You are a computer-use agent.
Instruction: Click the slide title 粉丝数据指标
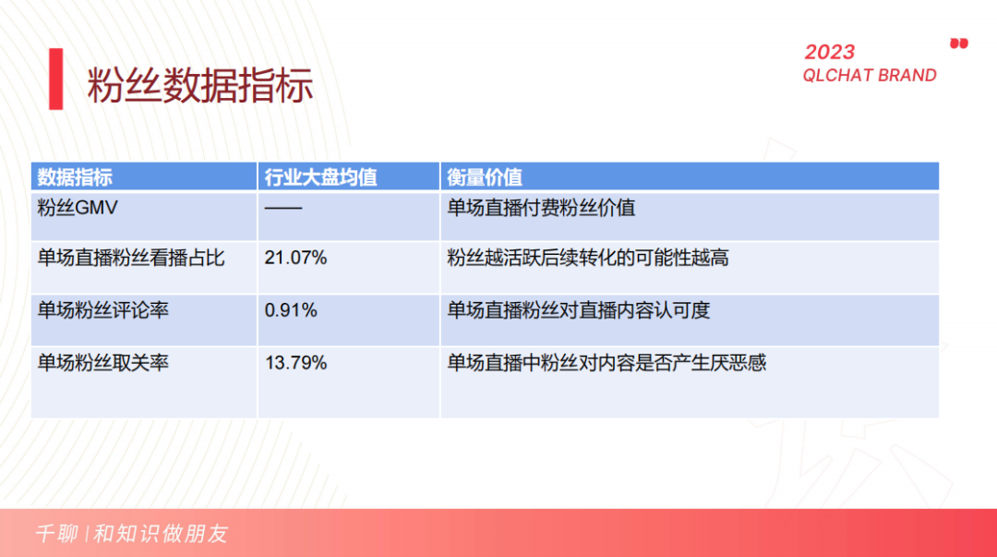point(200,85)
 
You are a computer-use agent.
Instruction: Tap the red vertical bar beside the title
point(56,79)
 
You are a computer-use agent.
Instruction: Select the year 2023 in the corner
point(829,52)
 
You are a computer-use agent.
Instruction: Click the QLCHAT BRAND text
point(869,76)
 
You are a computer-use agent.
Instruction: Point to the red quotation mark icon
point(959,43)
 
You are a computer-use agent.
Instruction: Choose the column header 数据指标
point(75,176)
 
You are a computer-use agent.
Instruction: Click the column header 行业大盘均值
point(320,176)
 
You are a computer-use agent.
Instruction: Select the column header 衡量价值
point(485,176)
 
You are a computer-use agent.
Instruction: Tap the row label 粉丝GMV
point(78,208)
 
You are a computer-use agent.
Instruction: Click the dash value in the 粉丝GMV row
point(282,208)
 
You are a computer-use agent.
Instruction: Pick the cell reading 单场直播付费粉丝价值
point(541,208)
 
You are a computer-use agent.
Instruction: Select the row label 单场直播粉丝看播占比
point(130,258)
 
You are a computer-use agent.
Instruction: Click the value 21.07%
point(295,258)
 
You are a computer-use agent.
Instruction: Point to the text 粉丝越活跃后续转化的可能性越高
point(588,258)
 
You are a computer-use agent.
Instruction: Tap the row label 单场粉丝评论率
point(102,310)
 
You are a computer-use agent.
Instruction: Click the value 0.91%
point(291,310)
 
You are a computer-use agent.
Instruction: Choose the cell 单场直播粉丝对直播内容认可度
point(579,310)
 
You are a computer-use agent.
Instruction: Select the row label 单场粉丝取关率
point(102,363)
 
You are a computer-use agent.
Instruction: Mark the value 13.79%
point(295,363)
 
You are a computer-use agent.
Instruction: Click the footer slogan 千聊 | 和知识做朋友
point(131,534)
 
